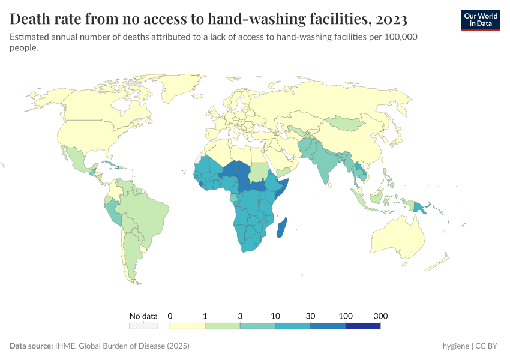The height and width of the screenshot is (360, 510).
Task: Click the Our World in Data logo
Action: (480, 19)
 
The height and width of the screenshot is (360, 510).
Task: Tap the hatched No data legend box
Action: (143, 326)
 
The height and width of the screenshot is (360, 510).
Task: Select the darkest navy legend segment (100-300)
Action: (363, 326)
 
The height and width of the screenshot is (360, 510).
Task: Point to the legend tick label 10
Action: (275, 316)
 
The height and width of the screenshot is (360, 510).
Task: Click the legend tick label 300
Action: (380, 316)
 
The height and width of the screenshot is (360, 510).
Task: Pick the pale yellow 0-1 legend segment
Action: (187, 326)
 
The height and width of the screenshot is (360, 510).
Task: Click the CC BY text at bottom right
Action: (488, 346)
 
